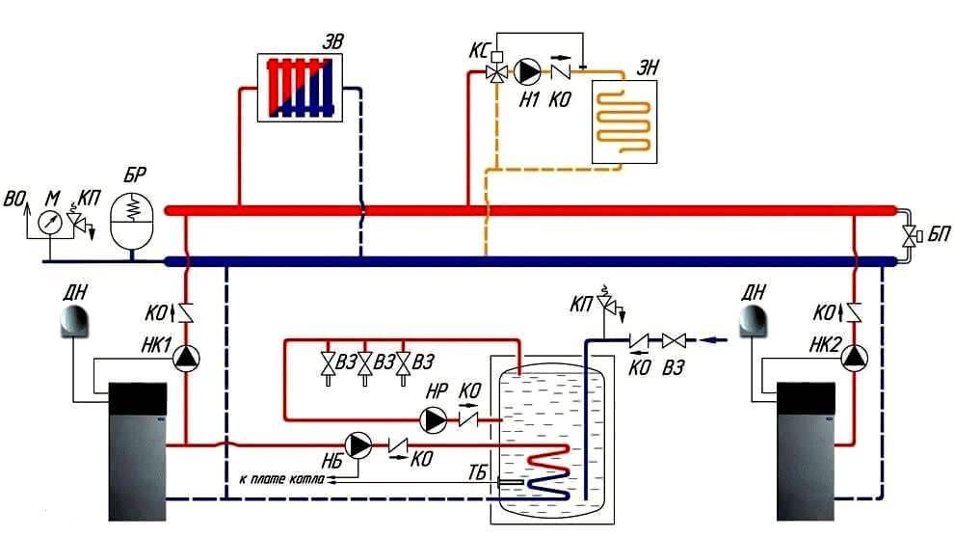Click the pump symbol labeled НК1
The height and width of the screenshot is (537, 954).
pos(185,358)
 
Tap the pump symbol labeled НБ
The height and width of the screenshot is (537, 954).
pos(359,444)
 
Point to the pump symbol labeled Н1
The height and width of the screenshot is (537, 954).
pos(528,71)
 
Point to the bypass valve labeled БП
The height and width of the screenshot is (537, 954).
pos(909,235)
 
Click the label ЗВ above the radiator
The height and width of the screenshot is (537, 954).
pos(332,40)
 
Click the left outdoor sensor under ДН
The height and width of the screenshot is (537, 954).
pos(75,322)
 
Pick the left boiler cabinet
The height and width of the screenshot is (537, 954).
pos(137,449)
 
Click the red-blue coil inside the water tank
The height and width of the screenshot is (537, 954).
pos(553,472)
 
